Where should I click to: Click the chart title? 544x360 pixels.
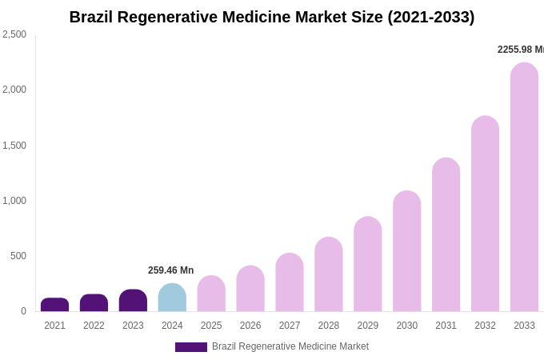coord(272,17)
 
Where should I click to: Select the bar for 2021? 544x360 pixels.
coord(54,305)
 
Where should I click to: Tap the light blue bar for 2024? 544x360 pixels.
coord(172,298)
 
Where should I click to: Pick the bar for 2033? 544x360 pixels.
coord(524,187)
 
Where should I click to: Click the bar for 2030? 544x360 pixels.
coord(406,251)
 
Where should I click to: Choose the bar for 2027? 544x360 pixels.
coord(290,282)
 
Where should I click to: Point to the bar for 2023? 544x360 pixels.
coord(133,301)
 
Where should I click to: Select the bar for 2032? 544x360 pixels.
coord(485,214)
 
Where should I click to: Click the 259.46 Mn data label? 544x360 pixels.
coord(170,270)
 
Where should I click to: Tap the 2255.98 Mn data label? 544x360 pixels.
coord(520,50)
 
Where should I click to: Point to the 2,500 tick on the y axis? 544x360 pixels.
coord(14,34)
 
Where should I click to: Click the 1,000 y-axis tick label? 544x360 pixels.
coord(14,201)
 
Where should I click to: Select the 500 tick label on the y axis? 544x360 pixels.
coord(18,256)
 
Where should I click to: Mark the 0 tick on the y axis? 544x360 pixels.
coord(23,311)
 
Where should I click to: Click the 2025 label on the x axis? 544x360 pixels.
coord(211,326)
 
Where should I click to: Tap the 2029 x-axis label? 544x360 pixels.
coord(367,326)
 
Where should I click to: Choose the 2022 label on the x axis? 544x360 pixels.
coord(94,326)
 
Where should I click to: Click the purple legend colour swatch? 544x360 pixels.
coord(190,347)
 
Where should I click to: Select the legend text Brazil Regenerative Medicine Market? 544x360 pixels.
coord(290,346)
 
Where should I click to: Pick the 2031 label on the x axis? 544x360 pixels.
coord(446,326)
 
